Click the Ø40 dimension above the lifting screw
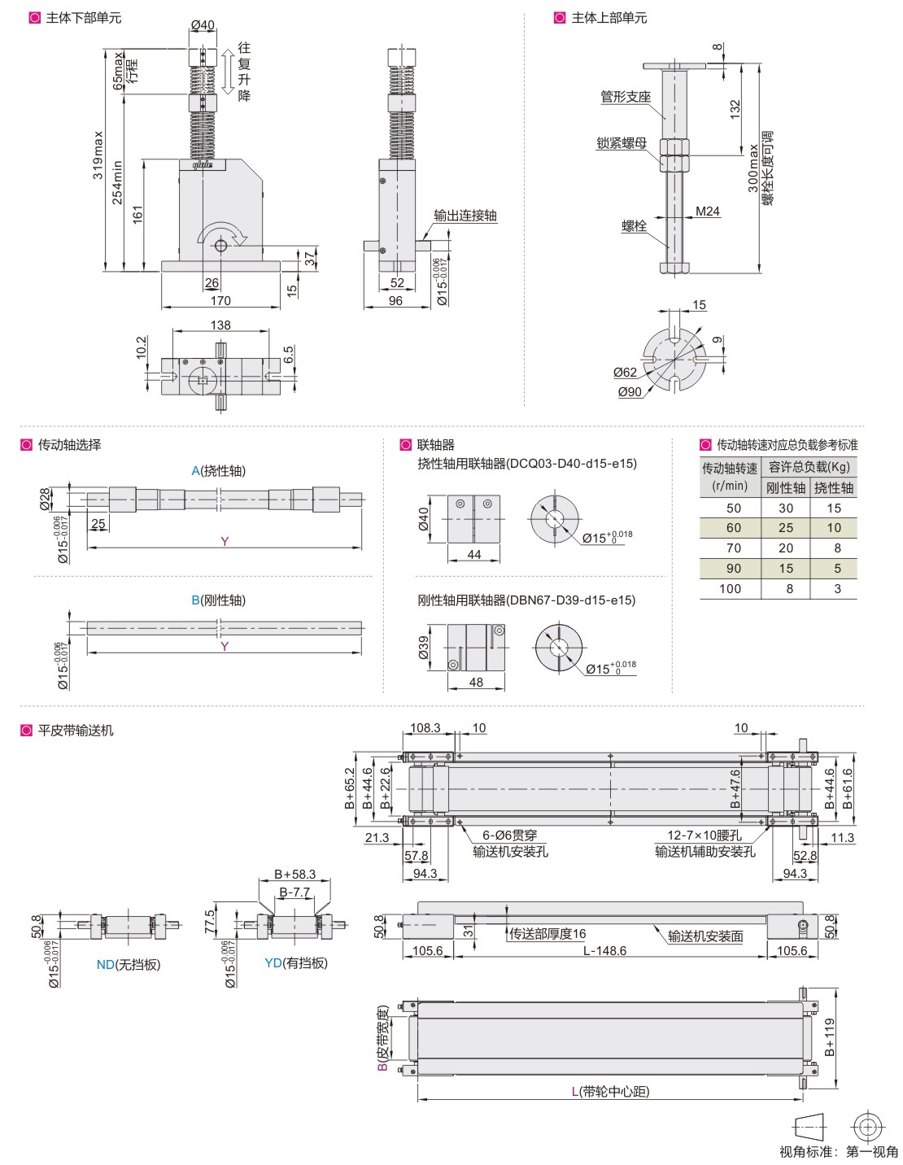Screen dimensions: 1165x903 (203, 25)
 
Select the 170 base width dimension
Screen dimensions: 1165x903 (220, 300)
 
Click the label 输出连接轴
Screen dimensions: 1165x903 (465, 216)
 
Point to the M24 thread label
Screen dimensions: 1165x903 (708, 212)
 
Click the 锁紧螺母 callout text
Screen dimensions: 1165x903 (622, 143)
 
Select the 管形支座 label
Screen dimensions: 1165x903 (626, 97)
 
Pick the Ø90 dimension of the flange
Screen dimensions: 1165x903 (630, 391)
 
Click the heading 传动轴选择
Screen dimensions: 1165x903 (69, 445)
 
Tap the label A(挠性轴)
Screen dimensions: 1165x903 (218, 471)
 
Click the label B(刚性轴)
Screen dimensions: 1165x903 (218, 600)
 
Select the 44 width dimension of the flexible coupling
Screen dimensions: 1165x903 (474, 555)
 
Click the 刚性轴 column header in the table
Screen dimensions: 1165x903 (785, 487)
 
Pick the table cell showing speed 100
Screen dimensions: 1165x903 (731, 589)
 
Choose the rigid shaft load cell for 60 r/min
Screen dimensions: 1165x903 (786, 528)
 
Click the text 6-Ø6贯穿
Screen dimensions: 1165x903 (510, 836)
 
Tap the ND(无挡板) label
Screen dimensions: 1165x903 (129, 965)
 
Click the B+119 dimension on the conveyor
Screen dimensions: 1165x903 (830, 1037)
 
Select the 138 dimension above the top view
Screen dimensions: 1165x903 (220, 325)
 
